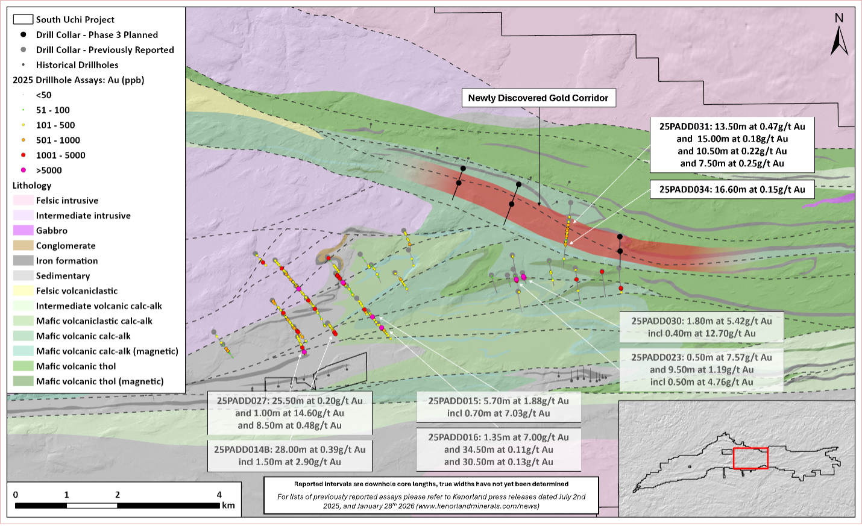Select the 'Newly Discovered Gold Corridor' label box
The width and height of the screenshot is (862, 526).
tap(538, 98)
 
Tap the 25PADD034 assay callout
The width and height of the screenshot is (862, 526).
tap(732, 189)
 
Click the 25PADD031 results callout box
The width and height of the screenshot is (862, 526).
tap(732, 145)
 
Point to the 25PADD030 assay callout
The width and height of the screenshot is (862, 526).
tap(701, 327)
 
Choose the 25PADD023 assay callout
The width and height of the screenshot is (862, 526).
tap(701, 369)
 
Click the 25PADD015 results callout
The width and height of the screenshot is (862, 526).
tap(499, 407)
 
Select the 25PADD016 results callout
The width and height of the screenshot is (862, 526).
tap(499, 449)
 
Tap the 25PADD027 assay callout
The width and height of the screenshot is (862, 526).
tap(289, 413)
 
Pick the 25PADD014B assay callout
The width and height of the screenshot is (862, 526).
tap(289, 456)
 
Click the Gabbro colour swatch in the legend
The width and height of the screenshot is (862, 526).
tap(23, 230)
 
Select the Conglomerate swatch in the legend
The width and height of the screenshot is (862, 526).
tap(23, 245)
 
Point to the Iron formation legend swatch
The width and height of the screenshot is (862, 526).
tap(23, 260)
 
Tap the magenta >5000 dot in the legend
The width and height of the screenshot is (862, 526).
tap(24, 170)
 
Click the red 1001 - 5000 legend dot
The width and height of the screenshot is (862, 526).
tap(24, 155)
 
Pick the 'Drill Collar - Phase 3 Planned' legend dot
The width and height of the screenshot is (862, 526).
tap(24, 34)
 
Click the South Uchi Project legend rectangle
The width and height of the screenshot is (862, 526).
tap(23, 19)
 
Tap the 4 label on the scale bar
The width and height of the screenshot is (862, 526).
tap(219, 495)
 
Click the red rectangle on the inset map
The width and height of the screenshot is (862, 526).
tap(750, 459)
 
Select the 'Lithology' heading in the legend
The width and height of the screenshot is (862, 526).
tap(32, 186)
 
